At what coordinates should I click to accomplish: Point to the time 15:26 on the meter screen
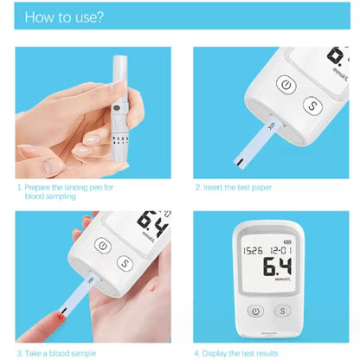(253, 250)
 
